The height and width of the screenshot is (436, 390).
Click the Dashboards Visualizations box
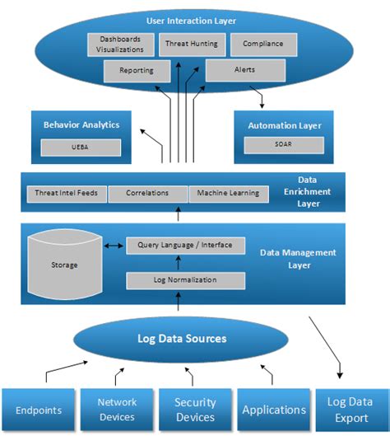120,44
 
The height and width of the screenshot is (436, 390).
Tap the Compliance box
262,44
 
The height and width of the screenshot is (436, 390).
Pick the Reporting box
137,71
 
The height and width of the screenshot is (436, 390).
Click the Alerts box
245,71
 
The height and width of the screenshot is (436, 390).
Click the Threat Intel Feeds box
66,193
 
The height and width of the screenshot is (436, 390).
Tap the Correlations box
147,193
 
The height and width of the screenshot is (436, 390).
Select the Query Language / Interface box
185,246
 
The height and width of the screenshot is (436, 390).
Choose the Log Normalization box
185,280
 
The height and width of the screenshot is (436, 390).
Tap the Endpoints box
38,410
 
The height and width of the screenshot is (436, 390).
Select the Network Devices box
118,410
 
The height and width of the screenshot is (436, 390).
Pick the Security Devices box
194,410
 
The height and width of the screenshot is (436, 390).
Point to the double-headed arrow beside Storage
114,246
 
